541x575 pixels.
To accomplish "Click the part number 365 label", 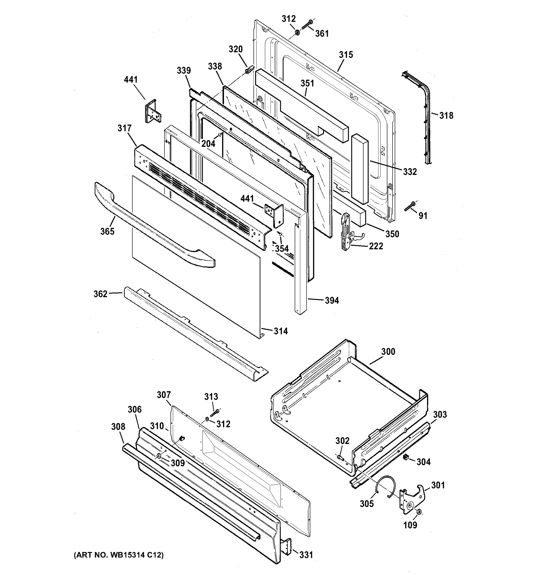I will point(107,231).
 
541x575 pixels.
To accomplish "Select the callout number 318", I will point(446,116).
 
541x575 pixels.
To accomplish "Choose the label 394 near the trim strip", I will point(332,301).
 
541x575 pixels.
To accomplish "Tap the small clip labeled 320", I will point(249,70).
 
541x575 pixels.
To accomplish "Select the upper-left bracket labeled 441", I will point(153,111).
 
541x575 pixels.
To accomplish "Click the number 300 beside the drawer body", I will point(388,352).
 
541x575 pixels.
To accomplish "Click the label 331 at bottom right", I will point(306,555).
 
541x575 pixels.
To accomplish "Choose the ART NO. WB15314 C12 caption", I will point(119,555).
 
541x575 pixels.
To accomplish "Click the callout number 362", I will point(100,294).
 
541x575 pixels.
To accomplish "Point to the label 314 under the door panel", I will point(281,331).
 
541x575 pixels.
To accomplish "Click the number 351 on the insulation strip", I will point(307,83).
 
